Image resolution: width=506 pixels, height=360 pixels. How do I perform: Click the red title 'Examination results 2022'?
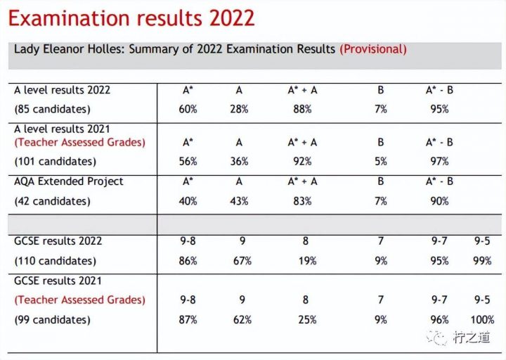[x=131, y=18]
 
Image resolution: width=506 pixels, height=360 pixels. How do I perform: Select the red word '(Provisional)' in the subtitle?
[x=372, y=49]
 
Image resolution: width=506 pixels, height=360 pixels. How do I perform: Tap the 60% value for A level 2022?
[x=188, y=110]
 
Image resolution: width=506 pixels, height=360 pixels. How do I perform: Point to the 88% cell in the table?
[x=302, y=110]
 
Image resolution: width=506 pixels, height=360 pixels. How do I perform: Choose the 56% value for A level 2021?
[x=188, y=161]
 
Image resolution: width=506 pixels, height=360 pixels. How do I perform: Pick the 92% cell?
[x=302, y=161]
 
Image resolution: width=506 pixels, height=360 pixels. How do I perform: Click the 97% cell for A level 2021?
[x=439, y=161]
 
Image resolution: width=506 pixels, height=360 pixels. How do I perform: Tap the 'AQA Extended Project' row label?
[x=69, y=181]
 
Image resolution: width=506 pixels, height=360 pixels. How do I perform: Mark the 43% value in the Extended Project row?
[x=240, y=201]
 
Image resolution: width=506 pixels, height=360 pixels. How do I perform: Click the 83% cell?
[x=302, y=201]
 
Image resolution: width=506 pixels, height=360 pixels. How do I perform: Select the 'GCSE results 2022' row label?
[x=58, y=241]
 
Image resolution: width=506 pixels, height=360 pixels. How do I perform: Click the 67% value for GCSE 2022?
[x=242, y=261]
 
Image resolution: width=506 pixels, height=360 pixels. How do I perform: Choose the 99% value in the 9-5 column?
[x=483, y=261]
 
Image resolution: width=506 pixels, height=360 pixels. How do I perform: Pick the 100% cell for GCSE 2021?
[x=483, y=320]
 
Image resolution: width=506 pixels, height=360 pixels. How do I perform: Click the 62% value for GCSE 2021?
[x=242, y=320]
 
